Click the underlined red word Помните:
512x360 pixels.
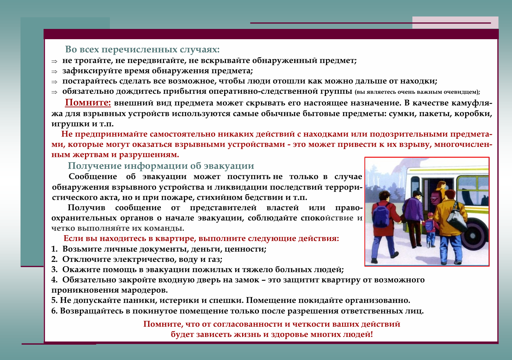coord(88,103)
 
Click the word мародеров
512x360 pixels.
coord(144,290)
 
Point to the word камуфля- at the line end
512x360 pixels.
coord(472,103)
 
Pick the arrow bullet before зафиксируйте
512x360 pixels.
coord(54,72)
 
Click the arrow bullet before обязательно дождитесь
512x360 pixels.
coord(54,92)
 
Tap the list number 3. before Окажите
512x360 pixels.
coord(55,270)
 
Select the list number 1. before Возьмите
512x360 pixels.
coord(55,249)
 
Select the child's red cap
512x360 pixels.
coord(430,214)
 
